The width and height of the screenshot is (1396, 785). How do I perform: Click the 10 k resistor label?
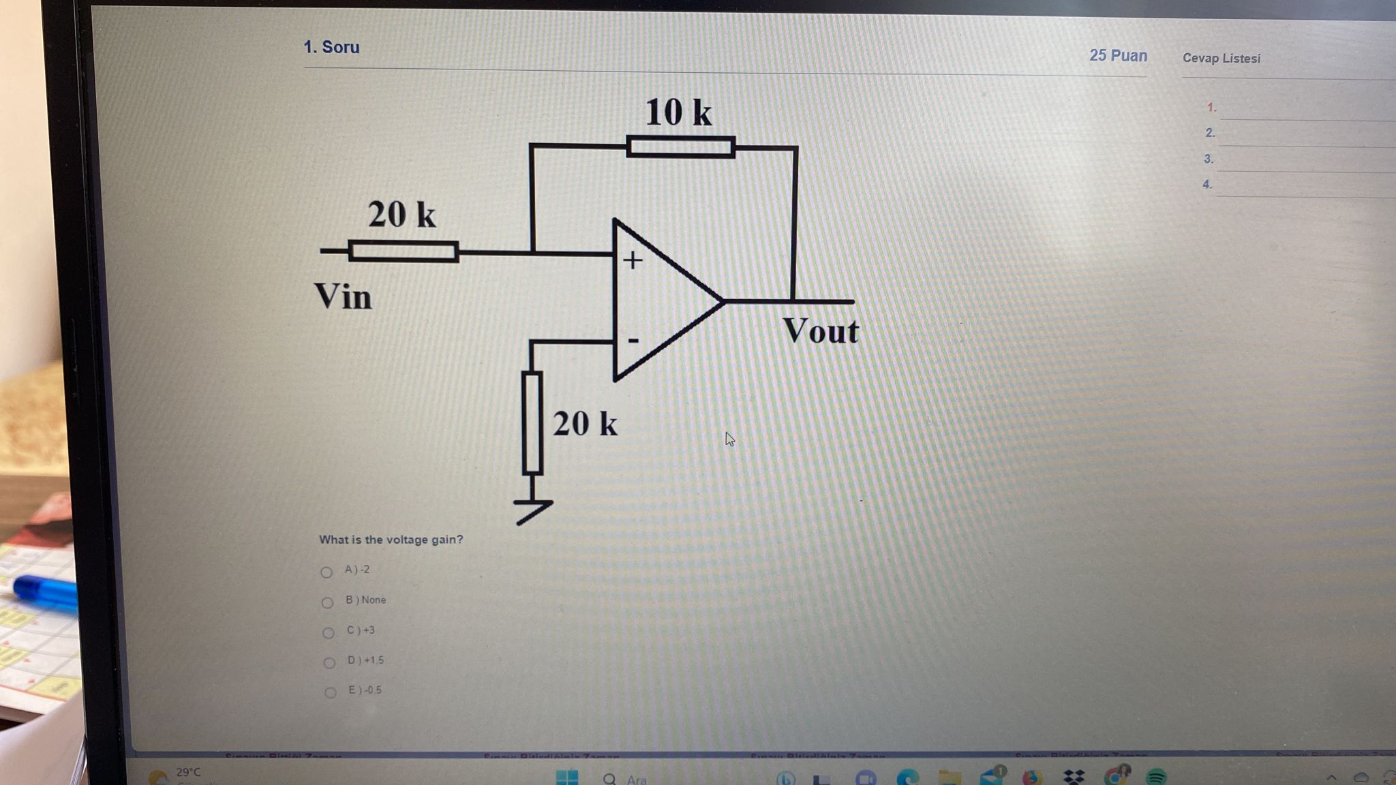pyautogui.click(x=678, y=112)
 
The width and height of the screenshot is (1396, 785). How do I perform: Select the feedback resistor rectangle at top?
pyautogui.click(x=680, y=147)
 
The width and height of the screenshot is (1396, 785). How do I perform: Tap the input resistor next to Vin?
pyautogui.click(x=403, y=251)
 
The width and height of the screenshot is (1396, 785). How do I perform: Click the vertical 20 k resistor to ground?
pyautogui.click(x=532, y=422)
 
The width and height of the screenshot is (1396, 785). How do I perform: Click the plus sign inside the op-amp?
pyautogui.click(x=633, y=260)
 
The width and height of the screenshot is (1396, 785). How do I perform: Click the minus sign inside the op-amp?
pyautogui.click(x=633, y=339)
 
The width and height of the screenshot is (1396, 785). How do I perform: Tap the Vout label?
pyautogui.click(x=821, y=331)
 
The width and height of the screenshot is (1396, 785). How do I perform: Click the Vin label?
pyautogui.click(x=343, y=297)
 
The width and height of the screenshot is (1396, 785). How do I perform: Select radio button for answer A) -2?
pyautogui.click(x=327, y=572)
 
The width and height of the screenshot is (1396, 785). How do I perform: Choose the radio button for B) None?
pyautogui.click(x=327, y=602)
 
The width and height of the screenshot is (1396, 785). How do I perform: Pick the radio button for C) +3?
pyautogui.click(x=329, y=632)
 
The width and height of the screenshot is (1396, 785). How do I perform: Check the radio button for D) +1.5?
pyautogui.click(x=329, y=662)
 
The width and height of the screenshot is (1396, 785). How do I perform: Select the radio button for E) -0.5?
pyautogui.click(x=331, y=692)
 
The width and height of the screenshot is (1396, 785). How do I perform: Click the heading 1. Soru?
pyautogui.click(x=331, y=47)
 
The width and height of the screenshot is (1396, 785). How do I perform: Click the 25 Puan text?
pyautogui.click(x=1118, y=56)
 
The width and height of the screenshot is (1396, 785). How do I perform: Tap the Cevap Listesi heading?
pyautogui.click(x=1221, y=59)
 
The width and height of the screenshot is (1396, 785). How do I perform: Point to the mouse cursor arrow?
pyautogui.click(x=729, y=439)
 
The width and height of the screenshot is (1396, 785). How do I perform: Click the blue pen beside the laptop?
pyautogui.click(x=45, y=593)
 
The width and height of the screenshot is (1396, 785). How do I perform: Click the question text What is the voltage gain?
pyautogui.click(x=391, y=540)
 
